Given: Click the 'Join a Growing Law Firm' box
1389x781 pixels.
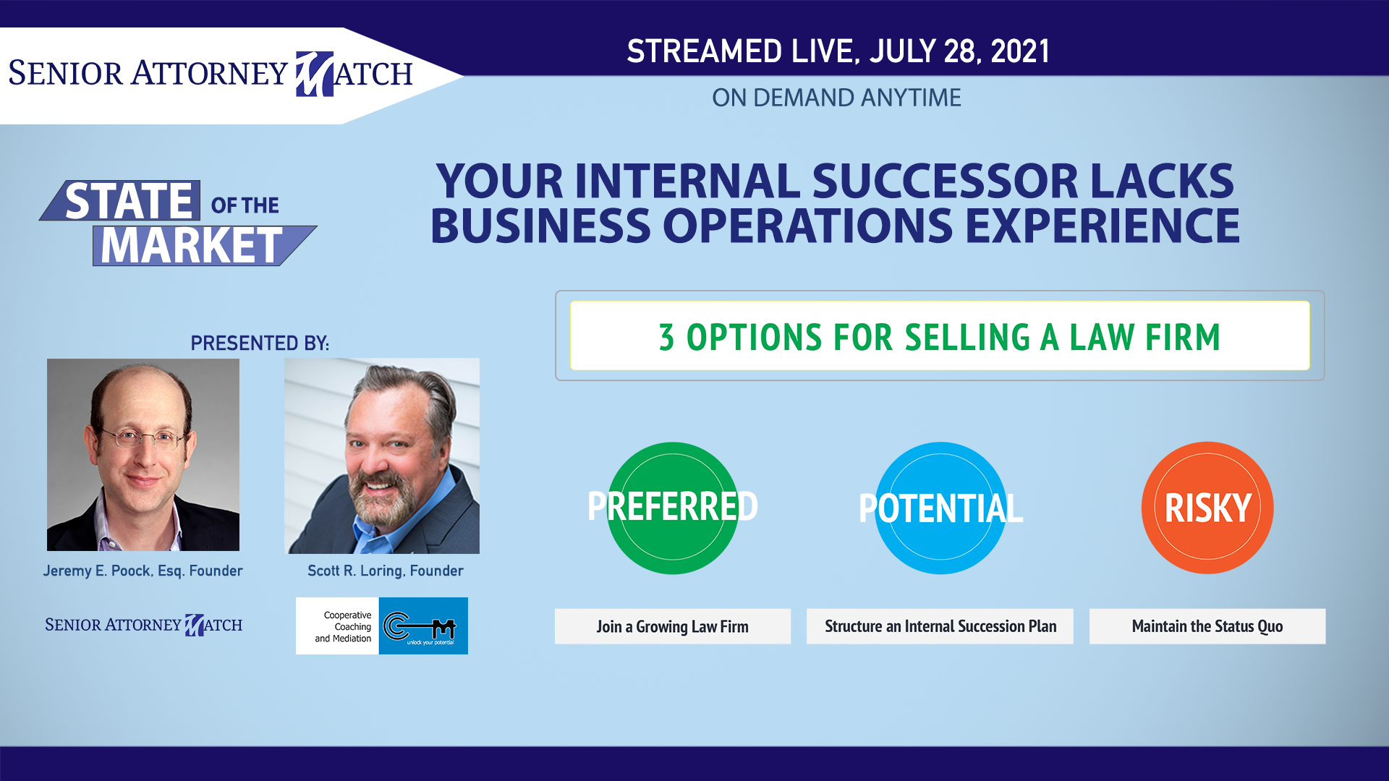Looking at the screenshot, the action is [673, 626].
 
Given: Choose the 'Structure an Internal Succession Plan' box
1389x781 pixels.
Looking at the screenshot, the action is [940, 626].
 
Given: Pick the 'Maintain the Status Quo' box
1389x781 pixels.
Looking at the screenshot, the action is [1207, 626].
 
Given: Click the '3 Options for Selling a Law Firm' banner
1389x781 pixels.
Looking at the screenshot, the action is [940, 336].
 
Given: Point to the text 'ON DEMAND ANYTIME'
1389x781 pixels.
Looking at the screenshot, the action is [836, 98].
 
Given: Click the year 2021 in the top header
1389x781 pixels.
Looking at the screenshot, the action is [1020, 51].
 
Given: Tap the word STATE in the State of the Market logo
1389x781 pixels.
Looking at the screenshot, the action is [129, 201].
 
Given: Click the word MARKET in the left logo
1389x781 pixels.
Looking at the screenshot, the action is [192, 246].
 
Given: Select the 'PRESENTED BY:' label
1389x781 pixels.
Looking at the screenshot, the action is [260, 343].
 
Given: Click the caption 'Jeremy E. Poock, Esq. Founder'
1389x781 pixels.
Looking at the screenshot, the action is [143, 571].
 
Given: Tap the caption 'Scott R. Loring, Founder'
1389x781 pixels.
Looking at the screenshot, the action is [386, 571].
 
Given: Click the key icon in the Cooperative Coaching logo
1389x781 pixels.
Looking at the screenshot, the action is [420, 626].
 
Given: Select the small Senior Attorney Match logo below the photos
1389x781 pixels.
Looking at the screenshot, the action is [143, 625].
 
